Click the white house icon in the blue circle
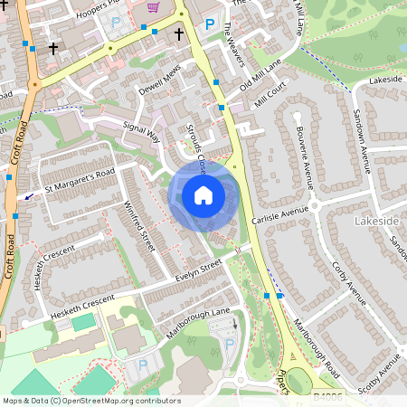[x=203, y=195]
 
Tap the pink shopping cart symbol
[x=153, y=6]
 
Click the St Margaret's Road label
[x=80, y=178]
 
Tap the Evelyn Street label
[x=199, y=270]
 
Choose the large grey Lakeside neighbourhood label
[x=376, y=221]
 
